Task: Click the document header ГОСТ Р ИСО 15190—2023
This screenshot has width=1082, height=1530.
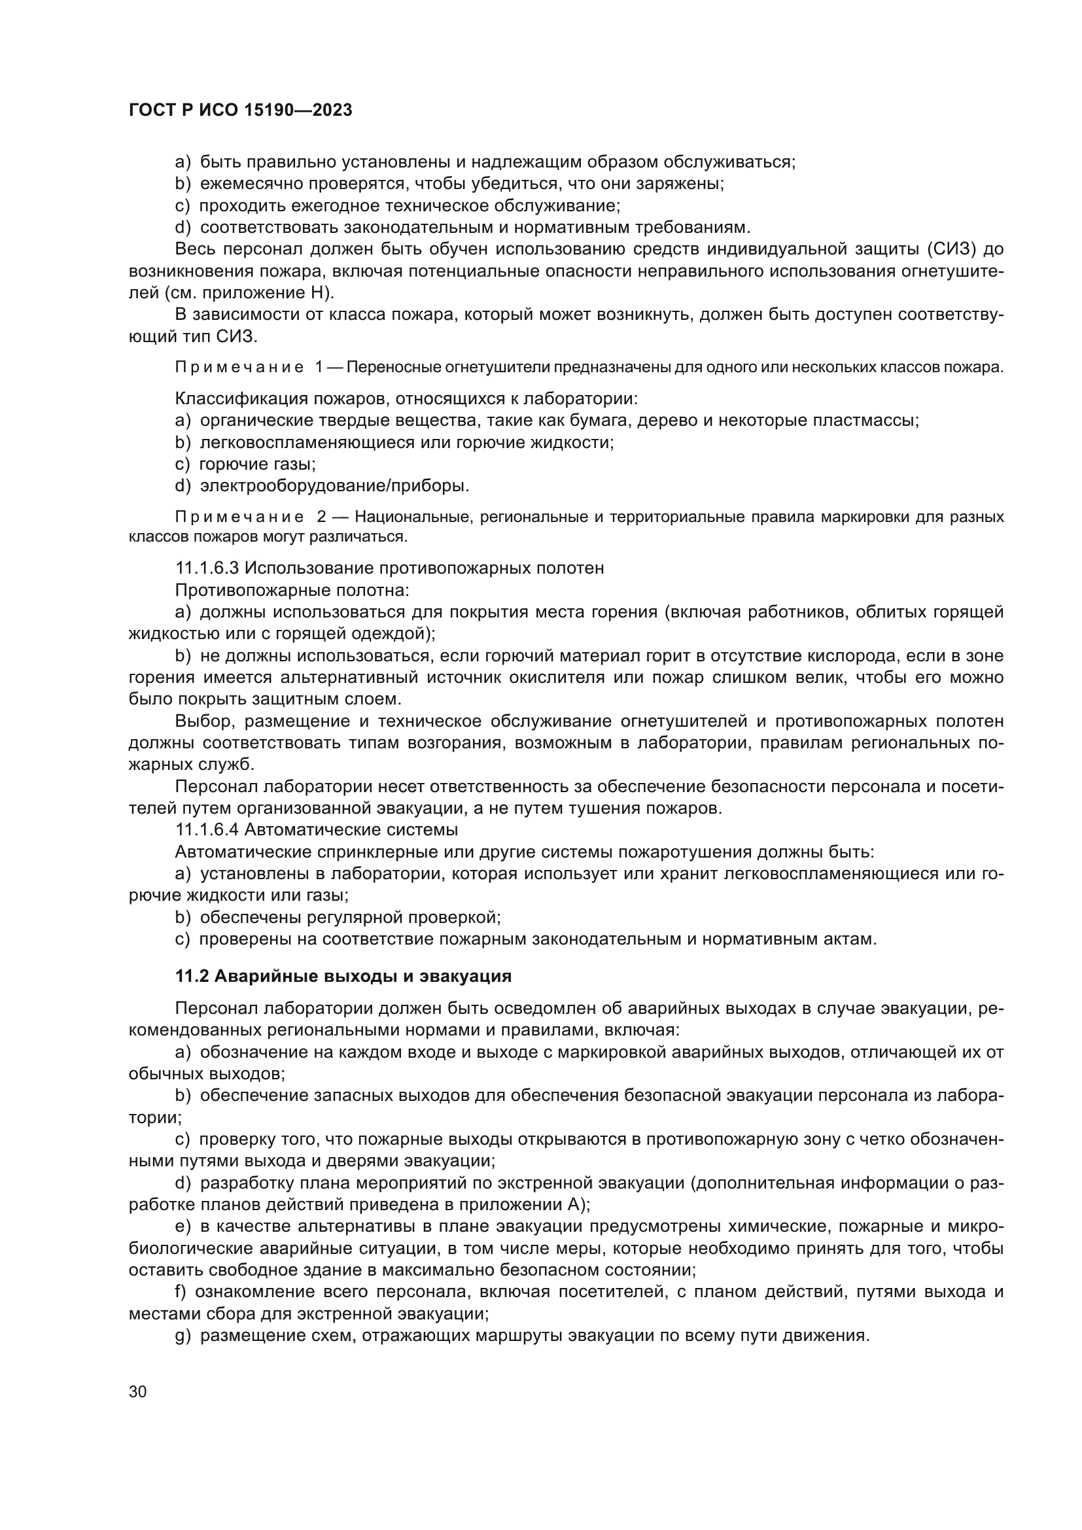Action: pos(241,111)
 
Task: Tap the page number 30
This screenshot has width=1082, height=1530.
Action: pos(138,1392)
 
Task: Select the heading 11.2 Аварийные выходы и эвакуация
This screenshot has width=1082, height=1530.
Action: pos(343,976)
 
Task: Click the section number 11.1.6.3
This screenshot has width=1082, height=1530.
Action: pos(207,568)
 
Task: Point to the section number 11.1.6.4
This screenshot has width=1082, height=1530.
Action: pos(207,830)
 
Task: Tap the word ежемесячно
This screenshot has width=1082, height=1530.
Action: pos(249,184)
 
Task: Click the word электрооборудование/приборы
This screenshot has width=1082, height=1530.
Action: pos(334,486)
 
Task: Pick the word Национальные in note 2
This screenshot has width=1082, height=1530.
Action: pos(410,517)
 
